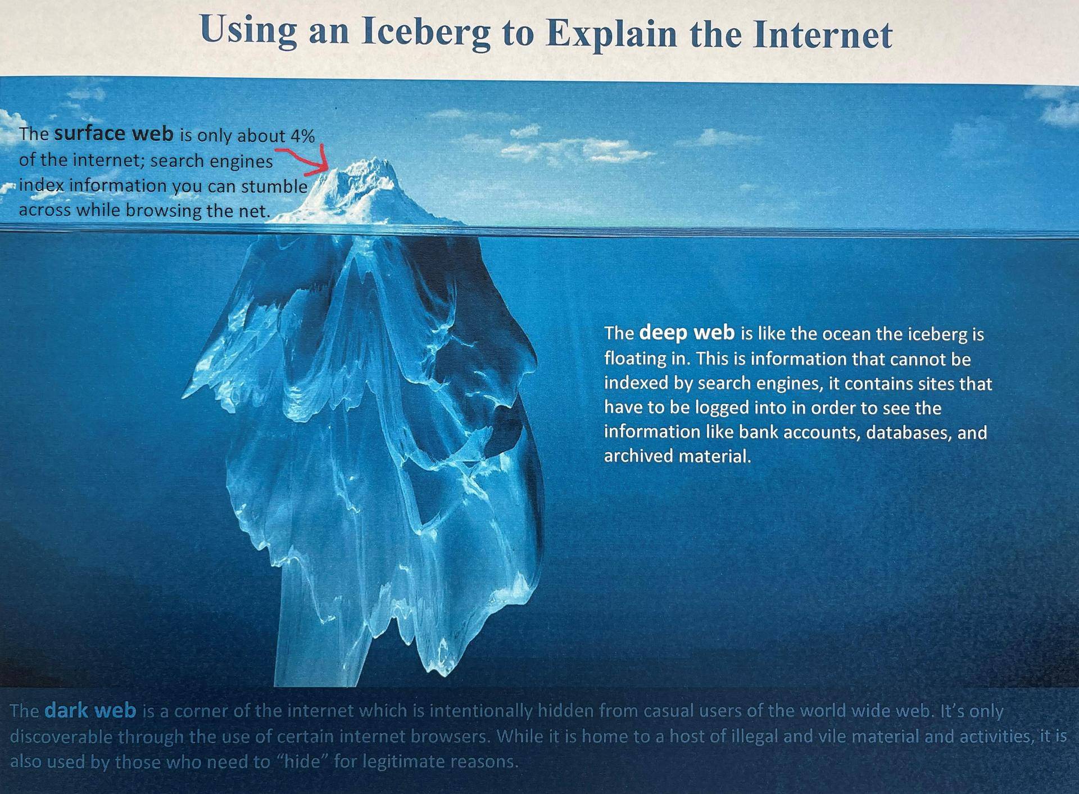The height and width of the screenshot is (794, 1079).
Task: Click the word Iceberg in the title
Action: [x=425, y=33]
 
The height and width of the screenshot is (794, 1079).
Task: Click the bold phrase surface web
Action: [x=114, y=134]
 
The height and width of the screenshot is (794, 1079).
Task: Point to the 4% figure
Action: [x=302, y=136]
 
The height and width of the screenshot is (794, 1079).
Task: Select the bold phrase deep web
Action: [x=687, y=333]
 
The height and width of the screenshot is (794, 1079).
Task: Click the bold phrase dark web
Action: [x=90, y=711]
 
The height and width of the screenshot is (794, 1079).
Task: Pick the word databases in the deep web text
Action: [x=909, y=433]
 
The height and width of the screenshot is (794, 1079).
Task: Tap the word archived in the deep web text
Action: [x=638, y=456]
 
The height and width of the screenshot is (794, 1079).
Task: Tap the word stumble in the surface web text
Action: [x=274, y=187]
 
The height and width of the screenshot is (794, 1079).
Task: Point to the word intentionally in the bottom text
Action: [x=480, y=711]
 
